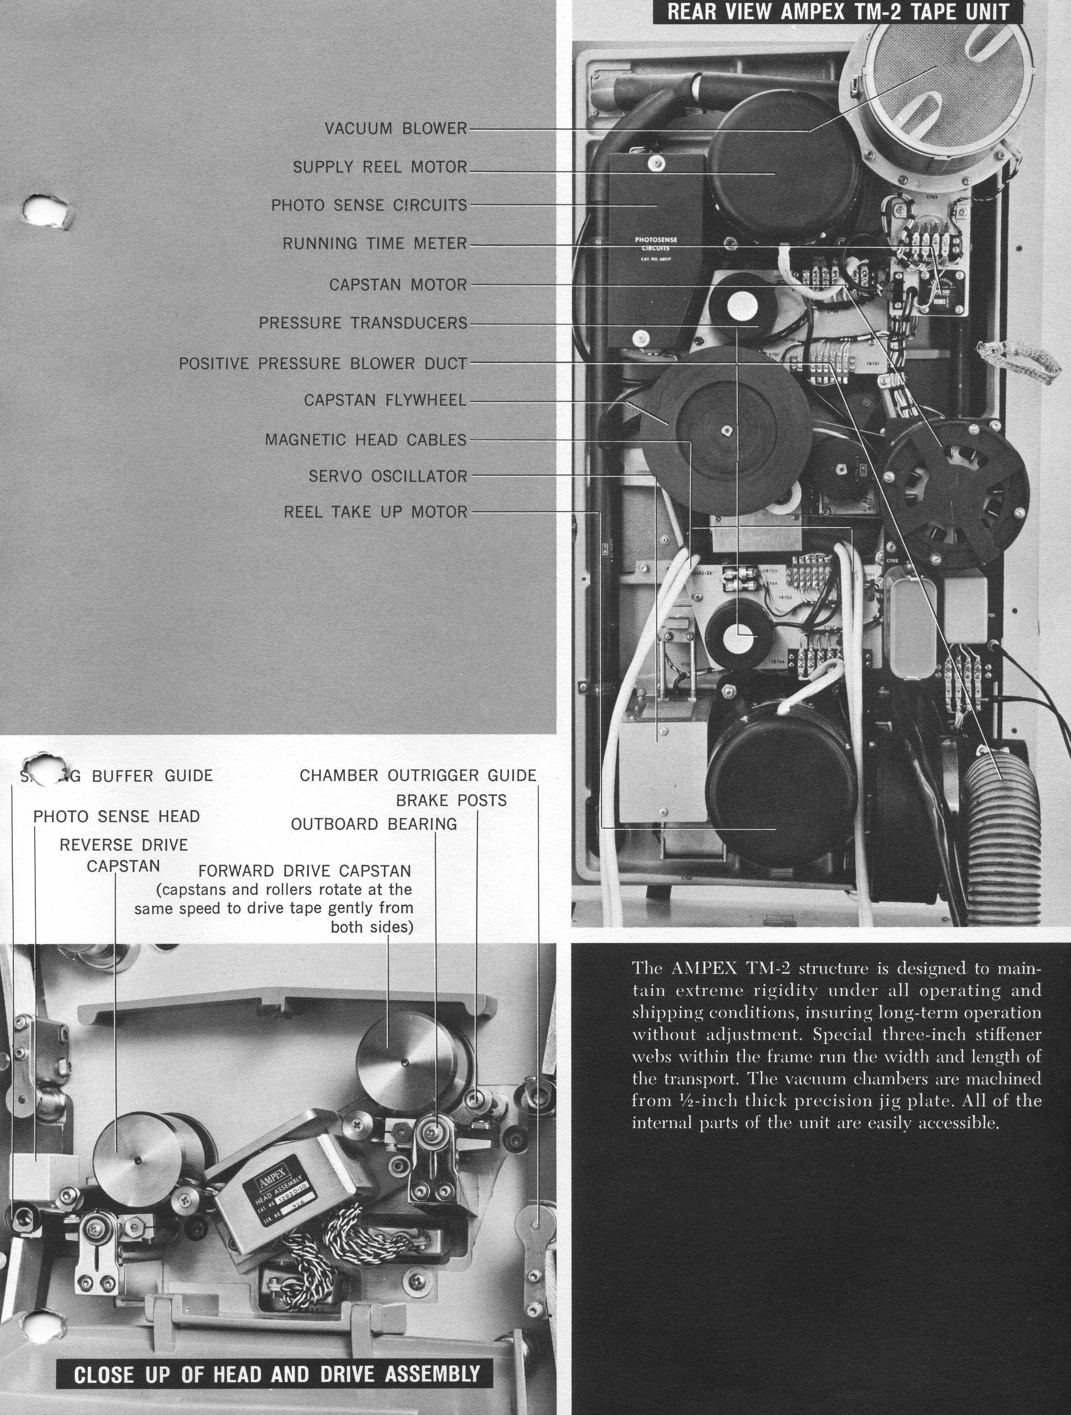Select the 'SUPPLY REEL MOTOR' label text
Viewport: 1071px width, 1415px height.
(x=380, y=167)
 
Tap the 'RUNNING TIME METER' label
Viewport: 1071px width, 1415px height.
(x=375, y=244)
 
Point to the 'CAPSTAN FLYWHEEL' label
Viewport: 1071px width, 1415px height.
(x=385, y=400)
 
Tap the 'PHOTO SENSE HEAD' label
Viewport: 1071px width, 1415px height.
(x=116, y=816)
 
